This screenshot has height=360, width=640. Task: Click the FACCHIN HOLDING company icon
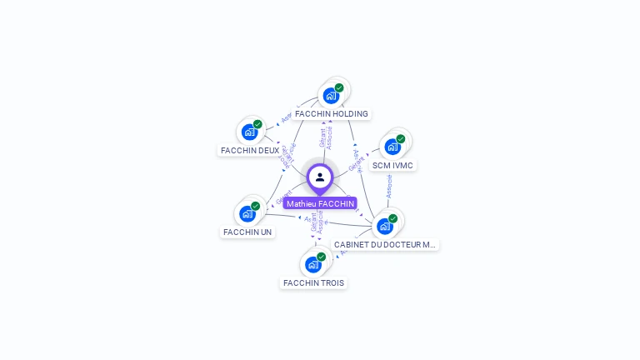click(x=332, y=95)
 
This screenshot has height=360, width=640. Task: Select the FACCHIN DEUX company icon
click(x=249, y=132)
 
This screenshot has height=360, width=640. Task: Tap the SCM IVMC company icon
click(x=392, y=147)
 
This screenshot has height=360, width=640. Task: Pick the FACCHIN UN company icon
click(x=247, y=213)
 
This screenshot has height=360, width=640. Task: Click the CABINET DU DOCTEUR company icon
click(x=385, y=225)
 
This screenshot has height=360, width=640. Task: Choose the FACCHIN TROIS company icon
click(x=313, y=264)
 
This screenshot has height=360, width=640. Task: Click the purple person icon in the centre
click(x=320, y=177)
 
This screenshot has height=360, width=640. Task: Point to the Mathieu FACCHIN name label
click(x=320, y=203)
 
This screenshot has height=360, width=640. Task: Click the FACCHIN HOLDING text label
click(x=332, y=113)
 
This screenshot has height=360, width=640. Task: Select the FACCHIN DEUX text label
click(x=250, y=150)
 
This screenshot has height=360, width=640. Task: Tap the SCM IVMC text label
click(x=392, y=165)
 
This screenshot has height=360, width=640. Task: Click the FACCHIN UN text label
click(x=247, y=232)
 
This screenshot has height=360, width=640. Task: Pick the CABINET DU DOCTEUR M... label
click(x=385, y=245)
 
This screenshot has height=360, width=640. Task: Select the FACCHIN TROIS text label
click(x=313, y=282)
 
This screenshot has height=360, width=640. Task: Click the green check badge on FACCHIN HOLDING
click(x=339, y=87)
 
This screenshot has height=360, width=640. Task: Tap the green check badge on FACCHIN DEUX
click(x=257, y=124)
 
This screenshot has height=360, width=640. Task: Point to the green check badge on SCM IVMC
click(x=401, y=139)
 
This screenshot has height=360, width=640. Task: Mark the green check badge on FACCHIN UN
click(x=256, y=206)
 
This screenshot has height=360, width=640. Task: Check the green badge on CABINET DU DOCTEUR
click(x=392, y=218)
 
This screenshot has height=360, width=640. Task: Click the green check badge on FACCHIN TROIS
click(x=321, y=257)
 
